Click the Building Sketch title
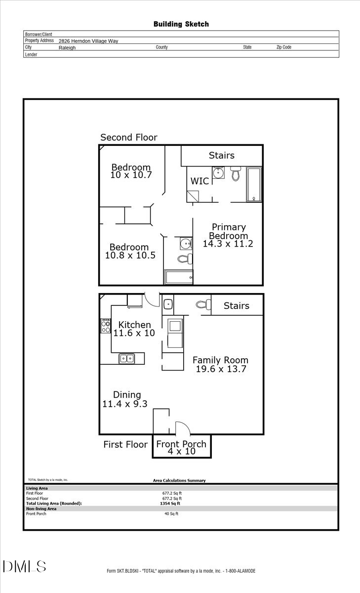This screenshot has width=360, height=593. point(181,24)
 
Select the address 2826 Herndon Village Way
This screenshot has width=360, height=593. point(88,42)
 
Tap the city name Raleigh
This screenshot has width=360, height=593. point(67,48)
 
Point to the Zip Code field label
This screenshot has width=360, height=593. point(283,47)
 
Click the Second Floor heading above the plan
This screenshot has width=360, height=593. point(129,137)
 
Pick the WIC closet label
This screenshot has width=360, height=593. point(200,181)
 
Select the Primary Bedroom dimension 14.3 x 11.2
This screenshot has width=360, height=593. point(228,243)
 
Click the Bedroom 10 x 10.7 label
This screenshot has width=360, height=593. point(131,171)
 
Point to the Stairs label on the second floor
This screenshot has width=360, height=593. point(221,155)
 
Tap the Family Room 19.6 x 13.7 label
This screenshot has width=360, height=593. point(220,365)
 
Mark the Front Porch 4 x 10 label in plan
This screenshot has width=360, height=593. point(182,447)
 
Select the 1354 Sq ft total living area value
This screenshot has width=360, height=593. point(170,504)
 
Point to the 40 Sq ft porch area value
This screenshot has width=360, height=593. point(171,514)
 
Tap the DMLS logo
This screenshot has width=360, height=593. point(24,566)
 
